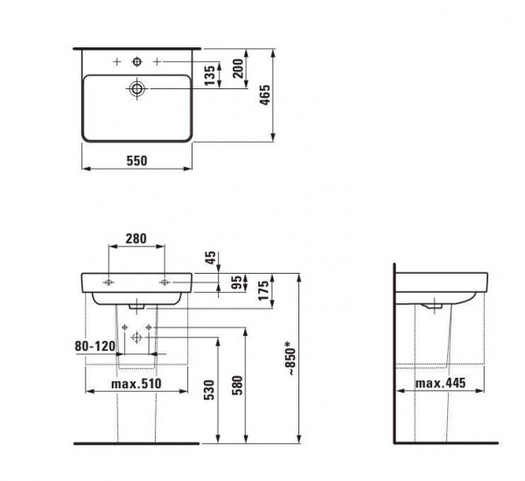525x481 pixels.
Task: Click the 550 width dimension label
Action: point(136,161)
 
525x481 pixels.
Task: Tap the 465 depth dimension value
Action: point(265,95)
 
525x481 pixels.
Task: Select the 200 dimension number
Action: point(238,68)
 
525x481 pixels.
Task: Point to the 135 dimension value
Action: point(210,75)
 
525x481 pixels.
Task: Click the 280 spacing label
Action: point(136,239)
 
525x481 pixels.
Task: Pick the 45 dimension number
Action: point(211,258)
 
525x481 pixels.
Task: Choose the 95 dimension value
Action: point(237,282)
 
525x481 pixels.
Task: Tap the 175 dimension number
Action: point(263,290)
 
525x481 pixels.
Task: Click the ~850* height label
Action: point(290,359)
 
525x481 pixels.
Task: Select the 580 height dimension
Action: point(237,386)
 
